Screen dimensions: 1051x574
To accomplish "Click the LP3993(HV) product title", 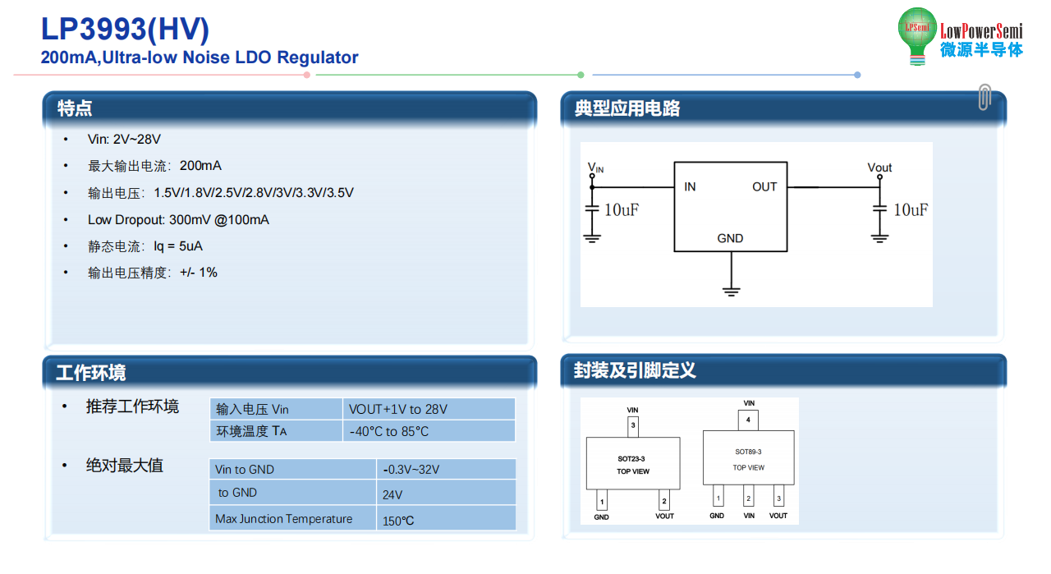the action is click(125, 29).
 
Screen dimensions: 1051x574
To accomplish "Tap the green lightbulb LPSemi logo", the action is click(917, 35).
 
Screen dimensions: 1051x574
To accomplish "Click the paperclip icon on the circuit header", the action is click(984, 97).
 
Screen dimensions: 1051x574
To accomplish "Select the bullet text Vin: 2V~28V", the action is click(124, 140).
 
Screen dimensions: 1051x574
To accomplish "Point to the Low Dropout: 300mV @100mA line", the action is click(178, 219).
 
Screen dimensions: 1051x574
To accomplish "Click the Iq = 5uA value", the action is click(178, 246).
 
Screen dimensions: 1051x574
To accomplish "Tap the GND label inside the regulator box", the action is click(730, 238).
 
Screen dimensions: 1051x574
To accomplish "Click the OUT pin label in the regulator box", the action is click(764, 186).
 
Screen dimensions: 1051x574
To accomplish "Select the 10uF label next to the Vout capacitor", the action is click(911, 209).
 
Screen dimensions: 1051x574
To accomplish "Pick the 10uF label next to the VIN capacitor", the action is click(622, 209).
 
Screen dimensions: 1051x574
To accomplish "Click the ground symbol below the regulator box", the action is click(731, 292).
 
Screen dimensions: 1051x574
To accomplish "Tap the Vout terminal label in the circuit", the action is click(879, 168).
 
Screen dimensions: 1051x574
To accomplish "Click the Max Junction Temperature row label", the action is click(283, 519).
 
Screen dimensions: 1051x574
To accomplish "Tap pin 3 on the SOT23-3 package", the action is click(633, 426).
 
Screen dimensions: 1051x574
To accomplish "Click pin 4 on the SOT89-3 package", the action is click(748, 420).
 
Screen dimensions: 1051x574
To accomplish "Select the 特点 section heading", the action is click(75, 108).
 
